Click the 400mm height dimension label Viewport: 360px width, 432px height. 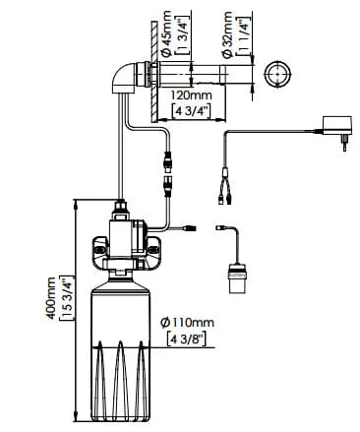coord(51,298)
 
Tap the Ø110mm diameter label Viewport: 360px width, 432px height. coord(187,323)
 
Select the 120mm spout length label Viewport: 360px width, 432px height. coord(192,95)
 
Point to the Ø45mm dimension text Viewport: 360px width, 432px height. coord(166,32)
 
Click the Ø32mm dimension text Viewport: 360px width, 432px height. coord(227,35)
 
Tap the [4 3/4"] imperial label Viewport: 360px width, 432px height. coord(192,110)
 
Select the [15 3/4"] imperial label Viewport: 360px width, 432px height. coord(64,298)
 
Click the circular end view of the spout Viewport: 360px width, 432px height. coord(277,74)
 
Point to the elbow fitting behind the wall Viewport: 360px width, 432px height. coord(123,79)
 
